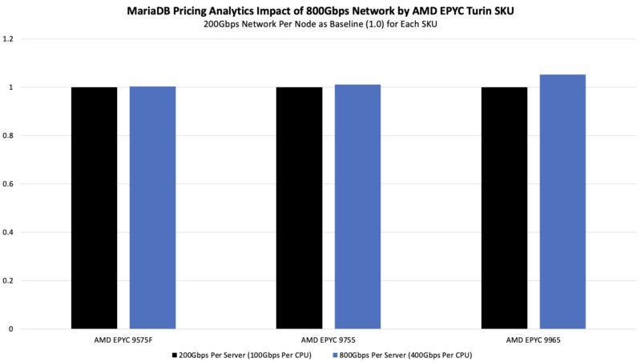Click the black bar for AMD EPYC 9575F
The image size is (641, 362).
click(x=94, y=207)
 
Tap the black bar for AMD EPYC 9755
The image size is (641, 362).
click(x=299, y=207)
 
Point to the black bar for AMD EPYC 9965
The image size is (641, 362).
click(x=504, y=207)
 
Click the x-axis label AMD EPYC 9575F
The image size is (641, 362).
click(x=123, y=339)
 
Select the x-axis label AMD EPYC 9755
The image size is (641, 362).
click(x=329, y=339)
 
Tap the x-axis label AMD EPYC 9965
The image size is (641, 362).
click(x=534, y=339)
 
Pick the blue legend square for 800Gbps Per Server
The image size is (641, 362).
click(x=332, y=354)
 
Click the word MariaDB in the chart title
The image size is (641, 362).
click(x=151, y=11)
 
